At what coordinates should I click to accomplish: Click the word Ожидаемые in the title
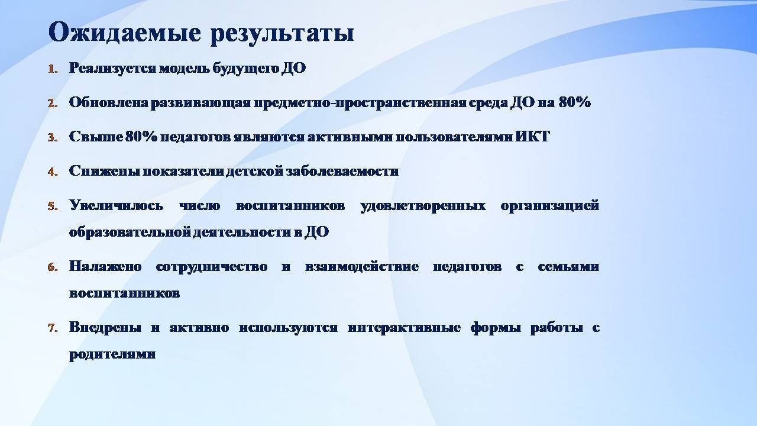click(x=124, y=33)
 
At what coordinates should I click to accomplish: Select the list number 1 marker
click(x=53, y=69)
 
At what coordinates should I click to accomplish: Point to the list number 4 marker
click(x=53, y=172)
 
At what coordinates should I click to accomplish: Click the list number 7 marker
click(x=53, y=328)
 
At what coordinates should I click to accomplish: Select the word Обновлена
click(x=108, y=102)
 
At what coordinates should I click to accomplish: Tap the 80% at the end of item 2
click(x=574, y=102)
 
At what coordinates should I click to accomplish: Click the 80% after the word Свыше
click(x=141, y=137)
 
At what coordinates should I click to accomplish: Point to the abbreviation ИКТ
click(x=533, y=137)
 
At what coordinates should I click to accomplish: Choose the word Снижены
click(x=105, y=171)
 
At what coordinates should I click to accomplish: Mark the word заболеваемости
click(x=342, y=171)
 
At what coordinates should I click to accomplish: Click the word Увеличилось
click(x=116, y=206)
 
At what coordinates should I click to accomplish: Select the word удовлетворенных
click(x=423, y=206)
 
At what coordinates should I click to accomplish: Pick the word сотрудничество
click(x=212, y=267)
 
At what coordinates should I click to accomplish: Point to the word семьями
click(x=568, y=266)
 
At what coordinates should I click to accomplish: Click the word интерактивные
click(x=404, y=328)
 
